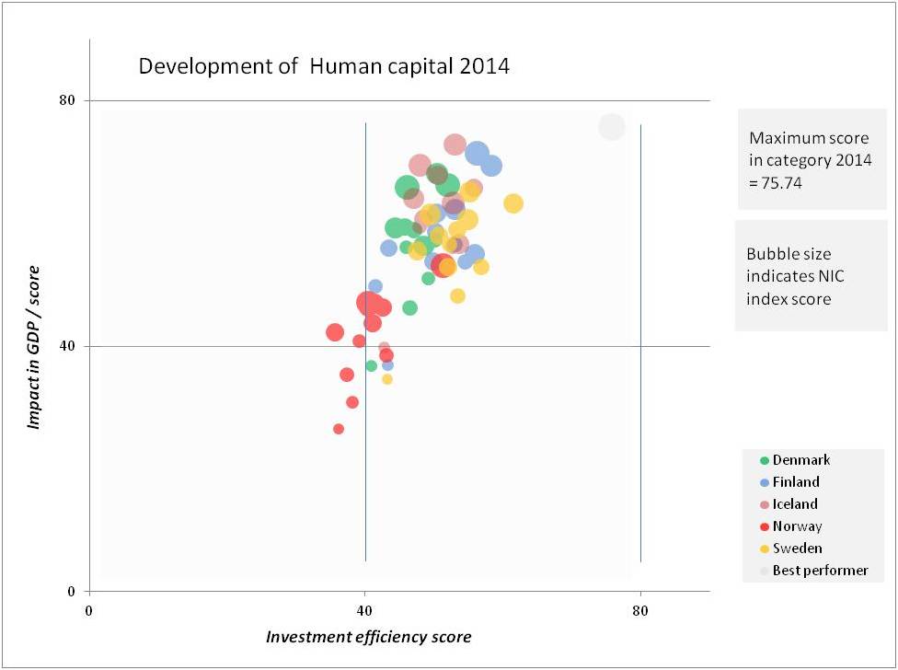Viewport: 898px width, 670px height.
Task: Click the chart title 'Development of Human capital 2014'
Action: [x=323, y=66]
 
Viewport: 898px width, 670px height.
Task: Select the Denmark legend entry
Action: [x=800, y=460]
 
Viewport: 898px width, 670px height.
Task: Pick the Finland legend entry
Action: [x=795, y=482]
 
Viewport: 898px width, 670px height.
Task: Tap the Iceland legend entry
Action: [x=794, y=504]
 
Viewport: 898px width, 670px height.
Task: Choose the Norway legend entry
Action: [x=797, y=526]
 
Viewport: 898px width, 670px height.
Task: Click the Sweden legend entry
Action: [x=797, y=549]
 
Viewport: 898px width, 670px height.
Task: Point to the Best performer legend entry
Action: [x=819, y=571]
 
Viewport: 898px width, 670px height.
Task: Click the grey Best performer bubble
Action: [x=612, y=127]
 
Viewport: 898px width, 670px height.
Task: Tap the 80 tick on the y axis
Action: [x=67, y=100]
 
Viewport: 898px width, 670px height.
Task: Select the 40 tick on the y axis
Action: [x=67, y=346]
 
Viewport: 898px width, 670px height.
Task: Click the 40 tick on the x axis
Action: [x=365, y=610]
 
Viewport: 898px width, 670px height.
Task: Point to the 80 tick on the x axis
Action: [x=640, y=610]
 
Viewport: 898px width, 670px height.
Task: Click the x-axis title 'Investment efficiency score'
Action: [x=368, y=637]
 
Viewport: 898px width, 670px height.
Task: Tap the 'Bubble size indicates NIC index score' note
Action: [x=801, y=276]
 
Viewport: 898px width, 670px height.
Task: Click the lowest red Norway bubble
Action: [x=339, y=429]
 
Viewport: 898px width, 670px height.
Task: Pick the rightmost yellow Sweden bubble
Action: [x=513, y=203]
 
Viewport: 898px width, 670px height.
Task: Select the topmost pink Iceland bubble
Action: [x=455, y=144]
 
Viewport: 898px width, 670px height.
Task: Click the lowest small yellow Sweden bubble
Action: [x=387, y=379]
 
